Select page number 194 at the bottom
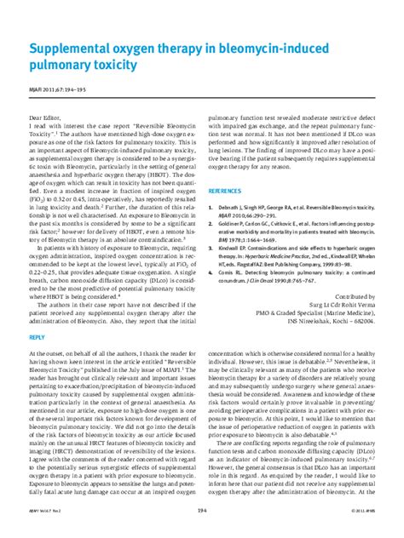tap(202, 532)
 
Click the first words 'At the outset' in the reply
tap(47, 352)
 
